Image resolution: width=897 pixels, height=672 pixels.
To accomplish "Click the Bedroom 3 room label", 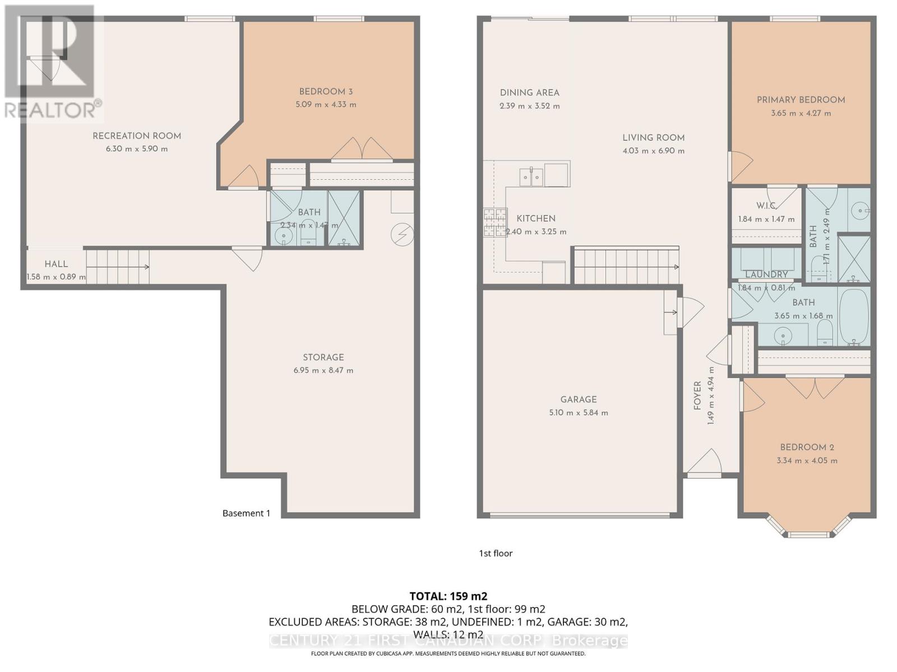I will point(326,92).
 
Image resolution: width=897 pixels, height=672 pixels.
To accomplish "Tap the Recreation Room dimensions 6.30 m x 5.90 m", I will point(137,149).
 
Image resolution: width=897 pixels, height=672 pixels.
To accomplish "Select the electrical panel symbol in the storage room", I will point(402,235).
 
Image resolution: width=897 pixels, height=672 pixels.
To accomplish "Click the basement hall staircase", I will point(118,267).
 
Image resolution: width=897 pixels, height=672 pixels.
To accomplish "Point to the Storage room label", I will point(323,357).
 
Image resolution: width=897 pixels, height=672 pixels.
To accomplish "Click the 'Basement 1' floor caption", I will point(246,513).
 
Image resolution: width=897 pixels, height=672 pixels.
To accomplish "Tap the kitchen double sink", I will point(531,177).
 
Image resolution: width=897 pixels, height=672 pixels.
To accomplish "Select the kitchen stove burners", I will point(495,222).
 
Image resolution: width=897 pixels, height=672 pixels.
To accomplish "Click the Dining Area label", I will point(529,93).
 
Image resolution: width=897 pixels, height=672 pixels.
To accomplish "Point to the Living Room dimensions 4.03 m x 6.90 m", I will point(653,151).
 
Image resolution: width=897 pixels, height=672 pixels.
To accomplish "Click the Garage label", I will point(579,399).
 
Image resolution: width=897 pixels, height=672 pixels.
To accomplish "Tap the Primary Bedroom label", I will point(801,100).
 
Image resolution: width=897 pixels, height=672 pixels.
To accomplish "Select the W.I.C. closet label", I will point(766,206).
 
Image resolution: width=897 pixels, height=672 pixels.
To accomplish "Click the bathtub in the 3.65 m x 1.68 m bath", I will point(853,316).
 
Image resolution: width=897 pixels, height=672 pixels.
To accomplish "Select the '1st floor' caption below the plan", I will point(496,553).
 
